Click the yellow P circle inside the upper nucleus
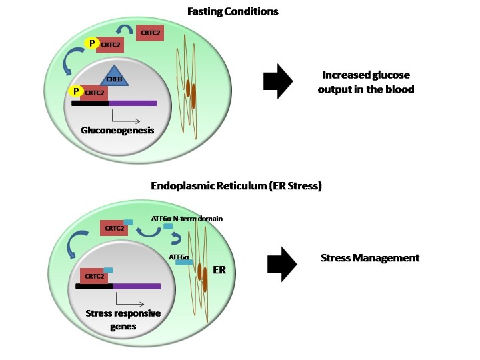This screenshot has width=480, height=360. pos(77,91)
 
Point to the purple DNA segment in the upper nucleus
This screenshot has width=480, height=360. pos(133,103)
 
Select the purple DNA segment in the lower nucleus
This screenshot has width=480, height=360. pos(137,286)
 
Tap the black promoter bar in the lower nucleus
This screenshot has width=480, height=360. pos(94,286)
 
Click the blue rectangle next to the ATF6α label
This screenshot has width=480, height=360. pos(185,263)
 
